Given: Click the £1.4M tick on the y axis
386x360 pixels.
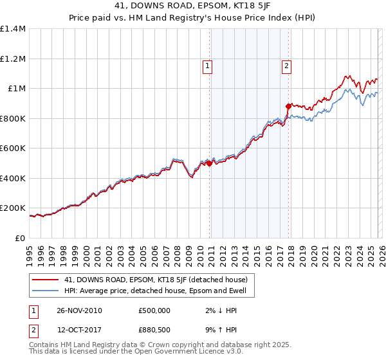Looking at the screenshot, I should (13, 29).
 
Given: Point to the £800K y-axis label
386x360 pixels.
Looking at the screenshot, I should (13, 118).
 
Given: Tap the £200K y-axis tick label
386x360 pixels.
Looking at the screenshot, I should (13, 208).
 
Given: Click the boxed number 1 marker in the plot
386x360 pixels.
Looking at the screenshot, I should (208, 65).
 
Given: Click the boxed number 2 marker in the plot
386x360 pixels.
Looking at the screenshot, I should (286, 65).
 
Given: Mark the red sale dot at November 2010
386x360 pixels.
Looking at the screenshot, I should (210, 163).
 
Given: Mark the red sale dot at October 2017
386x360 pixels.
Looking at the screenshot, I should (288, 106).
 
